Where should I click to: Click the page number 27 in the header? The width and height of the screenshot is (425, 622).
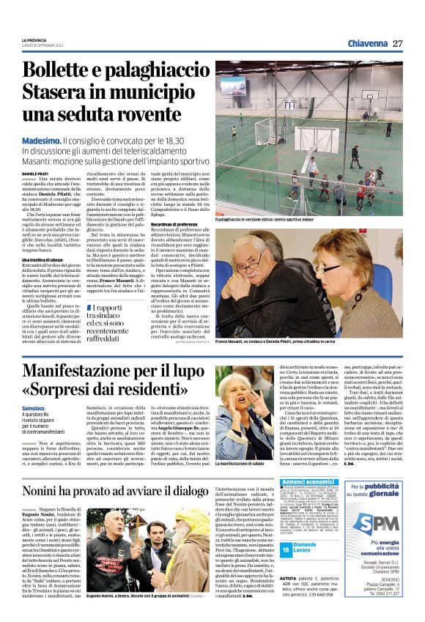coord(396,43)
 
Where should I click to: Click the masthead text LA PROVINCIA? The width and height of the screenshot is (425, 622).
coord(34,40)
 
